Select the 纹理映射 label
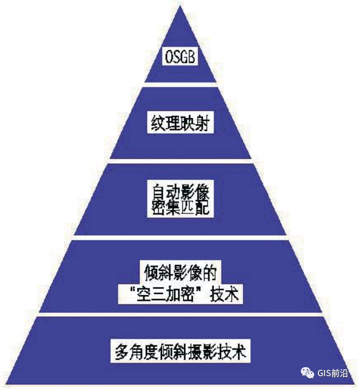179,123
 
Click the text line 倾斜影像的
179,272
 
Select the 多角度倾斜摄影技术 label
179,352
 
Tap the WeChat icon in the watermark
308,373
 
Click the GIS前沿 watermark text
333,373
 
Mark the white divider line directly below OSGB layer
179,84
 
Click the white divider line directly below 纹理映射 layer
179,160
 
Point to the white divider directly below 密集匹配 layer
179,237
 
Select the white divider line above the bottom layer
179,314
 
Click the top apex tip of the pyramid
180,6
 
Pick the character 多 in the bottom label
121,352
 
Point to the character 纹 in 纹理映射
154,123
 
